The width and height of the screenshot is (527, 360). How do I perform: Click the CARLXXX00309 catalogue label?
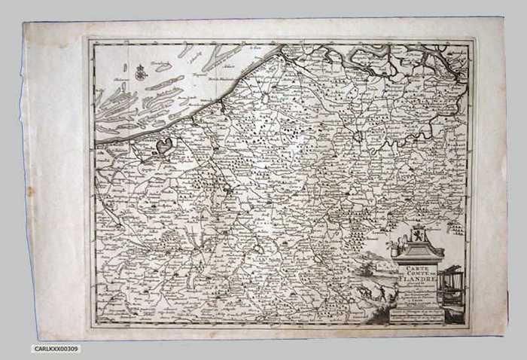(x=56, y=349)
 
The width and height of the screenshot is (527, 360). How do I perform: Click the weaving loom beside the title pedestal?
(x=454, y=285)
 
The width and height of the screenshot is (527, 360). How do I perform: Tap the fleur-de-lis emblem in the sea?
(x=140, y=72)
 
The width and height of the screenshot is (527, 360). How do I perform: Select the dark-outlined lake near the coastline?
(x=163, y=145)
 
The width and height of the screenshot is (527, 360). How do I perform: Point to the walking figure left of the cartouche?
(x=382, y=294)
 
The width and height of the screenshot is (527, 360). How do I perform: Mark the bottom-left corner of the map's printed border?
(x=92, y=328)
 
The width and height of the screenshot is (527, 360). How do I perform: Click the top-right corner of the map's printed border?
(x=471, y=42)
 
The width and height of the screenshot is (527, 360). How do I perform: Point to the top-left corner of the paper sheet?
(x=23, y=22)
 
